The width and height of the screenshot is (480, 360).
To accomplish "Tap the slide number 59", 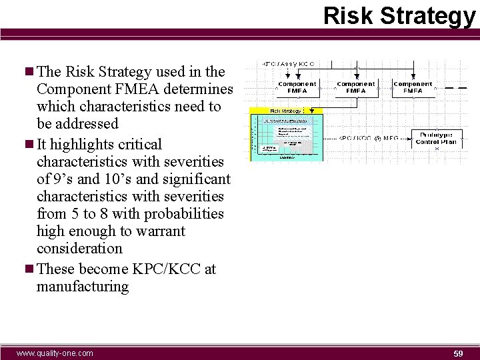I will (x=458, y=353).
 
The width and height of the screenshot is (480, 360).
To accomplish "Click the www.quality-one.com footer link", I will (x=55, y=353).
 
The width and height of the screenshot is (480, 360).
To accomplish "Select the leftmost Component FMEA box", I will (x=297, y=87).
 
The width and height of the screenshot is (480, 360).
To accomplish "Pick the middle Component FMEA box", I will (x=355, y=87).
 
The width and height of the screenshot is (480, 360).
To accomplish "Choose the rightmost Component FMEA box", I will (x=413, y=87).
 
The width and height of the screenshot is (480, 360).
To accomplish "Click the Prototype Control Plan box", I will (x=436, y=138).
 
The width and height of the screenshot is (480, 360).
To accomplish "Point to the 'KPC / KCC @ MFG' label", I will (x=369, y=137).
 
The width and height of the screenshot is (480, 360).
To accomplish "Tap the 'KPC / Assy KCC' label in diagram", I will (x=288, y=64).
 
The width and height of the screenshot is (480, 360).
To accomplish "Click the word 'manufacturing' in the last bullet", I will (x=83, y=287).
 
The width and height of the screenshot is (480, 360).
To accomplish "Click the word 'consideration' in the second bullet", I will (x=79, y=249).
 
